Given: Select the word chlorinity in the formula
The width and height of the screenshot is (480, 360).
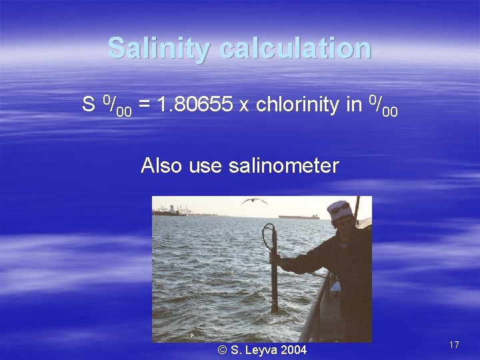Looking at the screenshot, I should coord(298,105).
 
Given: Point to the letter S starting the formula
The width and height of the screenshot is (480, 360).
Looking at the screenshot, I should coord(88,105).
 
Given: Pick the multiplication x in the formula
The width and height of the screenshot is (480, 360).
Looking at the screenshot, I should coord(244,106).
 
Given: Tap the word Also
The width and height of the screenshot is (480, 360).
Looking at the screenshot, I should coord(161,165).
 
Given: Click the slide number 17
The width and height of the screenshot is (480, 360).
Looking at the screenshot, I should coord(454,345).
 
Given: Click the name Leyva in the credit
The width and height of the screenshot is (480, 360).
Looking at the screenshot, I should coord(261,349).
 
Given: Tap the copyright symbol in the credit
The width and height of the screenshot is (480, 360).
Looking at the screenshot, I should coord(222,349).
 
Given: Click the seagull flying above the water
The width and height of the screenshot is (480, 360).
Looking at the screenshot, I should coord(254,201).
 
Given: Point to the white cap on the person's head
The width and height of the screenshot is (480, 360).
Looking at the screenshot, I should coord(340,210).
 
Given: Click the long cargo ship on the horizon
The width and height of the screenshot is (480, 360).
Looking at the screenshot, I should coord(299,217).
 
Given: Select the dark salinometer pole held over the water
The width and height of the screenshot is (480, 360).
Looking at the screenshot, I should coord(273,280).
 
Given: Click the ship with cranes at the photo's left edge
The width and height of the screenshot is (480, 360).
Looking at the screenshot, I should coord(171,211).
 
